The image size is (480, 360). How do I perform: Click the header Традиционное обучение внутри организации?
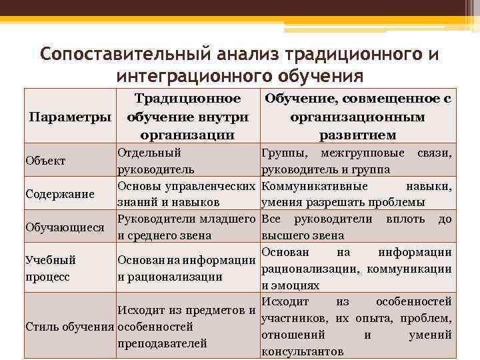(x=187, y=117)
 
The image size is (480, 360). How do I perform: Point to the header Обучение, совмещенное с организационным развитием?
(x=357, y=117)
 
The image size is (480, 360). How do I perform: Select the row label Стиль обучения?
(x=69, y=327)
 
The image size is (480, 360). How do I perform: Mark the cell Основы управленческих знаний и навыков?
(x=187, y=194)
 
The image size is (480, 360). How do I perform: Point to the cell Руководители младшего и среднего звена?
(x=187, y=227)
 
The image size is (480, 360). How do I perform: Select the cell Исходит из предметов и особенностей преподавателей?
(x=187, y=327)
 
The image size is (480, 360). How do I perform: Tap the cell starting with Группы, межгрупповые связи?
(x=357, y=161)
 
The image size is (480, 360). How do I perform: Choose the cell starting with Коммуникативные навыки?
(x=357, y=194)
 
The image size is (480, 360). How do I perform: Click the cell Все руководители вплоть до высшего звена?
(x=357, y=227)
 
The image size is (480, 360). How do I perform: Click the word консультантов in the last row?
(x=303, y=351)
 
